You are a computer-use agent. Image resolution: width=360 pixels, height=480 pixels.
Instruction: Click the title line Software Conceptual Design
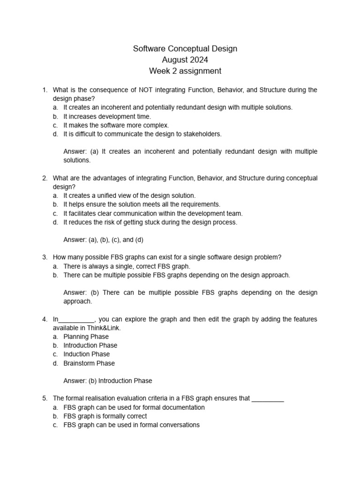pos(185,49)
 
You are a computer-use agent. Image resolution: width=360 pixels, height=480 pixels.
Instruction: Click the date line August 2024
pos(185,60)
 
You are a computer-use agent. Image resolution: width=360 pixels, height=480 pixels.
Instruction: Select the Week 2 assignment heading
pos(185,71)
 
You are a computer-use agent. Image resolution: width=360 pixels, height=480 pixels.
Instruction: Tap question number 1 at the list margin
pos(45,90)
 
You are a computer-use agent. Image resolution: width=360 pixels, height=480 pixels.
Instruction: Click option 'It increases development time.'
pos(107,116)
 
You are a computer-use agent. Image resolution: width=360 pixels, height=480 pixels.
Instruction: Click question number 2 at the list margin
pos(45,178)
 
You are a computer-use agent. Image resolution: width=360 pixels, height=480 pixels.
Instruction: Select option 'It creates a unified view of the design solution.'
pos(129,195)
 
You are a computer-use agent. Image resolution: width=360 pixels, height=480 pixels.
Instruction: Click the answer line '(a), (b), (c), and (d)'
pos(103,240)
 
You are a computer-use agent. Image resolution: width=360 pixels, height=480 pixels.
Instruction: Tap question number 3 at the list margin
pos(45,257)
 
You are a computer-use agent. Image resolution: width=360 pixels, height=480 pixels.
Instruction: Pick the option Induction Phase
pos(87,354)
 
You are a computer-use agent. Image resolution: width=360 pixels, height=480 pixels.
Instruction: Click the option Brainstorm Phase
pos(89,363)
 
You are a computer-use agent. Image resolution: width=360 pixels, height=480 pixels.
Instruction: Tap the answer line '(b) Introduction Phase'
pos(108,381)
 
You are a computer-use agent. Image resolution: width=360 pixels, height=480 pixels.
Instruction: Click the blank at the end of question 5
pos(268,398)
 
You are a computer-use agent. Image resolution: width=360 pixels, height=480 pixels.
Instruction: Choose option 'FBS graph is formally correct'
pos(105,416)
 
